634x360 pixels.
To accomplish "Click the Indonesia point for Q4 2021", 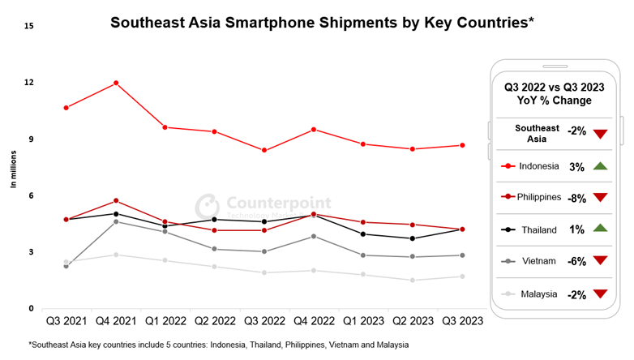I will point(117,83).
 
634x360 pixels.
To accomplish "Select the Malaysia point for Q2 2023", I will point(413,281).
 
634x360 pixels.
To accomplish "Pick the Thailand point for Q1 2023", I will point(363,234).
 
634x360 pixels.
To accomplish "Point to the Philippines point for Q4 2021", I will point(117,200).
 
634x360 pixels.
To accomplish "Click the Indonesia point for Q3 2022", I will point(264,150).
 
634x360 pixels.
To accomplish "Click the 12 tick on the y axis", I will point(29,82).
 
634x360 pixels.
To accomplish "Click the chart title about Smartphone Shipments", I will point(322,23).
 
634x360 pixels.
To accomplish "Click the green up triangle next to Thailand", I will point(601,229).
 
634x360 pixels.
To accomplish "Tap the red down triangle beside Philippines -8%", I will point(601,198).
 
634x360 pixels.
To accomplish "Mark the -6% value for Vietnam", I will point(576,262).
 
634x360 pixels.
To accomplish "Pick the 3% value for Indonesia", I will point(576,166).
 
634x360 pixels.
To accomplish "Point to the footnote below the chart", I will point(219,345).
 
